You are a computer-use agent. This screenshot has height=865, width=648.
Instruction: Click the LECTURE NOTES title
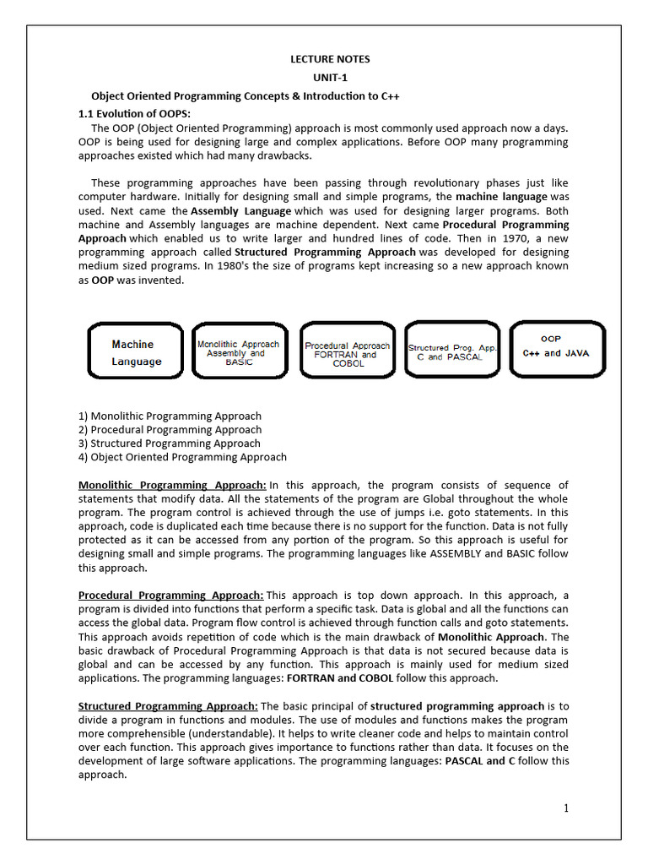[330, 59]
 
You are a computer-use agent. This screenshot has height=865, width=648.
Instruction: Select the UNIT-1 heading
[330, 78]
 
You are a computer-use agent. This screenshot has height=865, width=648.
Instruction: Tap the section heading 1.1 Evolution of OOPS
[134, 113]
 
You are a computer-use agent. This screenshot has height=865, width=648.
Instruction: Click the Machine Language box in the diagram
[136, 352]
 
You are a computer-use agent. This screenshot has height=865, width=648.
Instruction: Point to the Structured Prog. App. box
[453, 351]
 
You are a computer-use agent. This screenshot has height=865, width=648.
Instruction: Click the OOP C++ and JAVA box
[556, 347]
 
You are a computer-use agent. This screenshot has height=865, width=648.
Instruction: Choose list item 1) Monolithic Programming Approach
[170, 416]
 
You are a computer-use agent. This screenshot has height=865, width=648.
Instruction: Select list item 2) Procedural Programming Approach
[169, 429]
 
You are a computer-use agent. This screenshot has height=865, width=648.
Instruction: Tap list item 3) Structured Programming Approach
[169, 443]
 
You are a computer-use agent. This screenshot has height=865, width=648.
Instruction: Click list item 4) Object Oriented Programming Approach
[182, 457]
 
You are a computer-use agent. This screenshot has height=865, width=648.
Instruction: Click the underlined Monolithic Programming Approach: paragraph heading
[172, 485]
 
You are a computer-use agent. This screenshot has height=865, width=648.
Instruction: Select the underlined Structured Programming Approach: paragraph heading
[168, 706]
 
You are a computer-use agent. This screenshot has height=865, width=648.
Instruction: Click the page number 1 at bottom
[566, 808]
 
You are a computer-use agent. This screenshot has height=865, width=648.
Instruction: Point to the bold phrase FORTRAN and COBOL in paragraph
[340, 677]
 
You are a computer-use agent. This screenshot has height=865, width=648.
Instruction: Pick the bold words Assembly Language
[241, 210]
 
